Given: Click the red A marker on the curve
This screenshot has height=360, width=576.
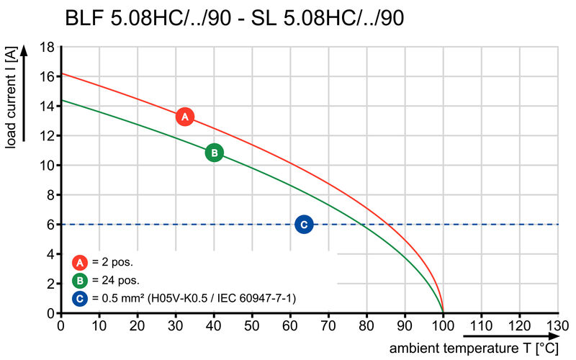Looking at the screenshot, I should click(184, 117).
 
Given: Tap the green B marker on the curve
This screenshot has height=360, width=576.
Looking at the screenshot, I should click(214, 153).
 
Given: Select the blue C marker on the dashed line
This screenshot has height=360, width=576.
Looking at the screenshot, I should click(304, 225).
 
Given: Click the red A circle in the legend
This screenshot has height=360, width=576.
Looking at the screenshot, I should click(81, 262).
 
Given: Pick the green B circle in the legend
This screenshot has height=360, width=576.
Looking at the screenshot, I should click(81, 280).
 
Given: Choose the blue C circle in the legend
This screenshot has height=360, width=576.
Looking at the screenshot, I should click(81, 297).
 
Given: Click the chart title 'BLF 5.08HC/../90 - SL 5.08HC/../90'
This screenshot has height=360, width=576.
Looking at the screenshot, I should click(234, 18).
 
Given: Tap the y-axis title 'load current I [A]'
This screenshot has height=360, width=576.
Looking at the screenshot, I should click(10, 98).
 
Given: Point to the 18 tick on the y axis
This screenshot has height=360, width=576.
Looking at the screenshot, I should click(48, 47).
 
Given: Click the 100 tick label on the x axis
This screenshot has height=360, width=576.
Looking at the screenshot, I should click(443, 326).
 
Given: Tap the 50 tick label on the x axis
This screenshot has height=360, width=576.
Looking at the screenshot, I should click(251, 326).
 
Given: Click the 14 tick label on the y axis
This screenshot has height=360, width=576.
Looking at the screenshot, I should click(48, 106).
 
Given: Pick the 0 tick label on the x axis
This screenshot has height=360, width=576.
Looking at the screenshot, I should click(60, 326).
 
